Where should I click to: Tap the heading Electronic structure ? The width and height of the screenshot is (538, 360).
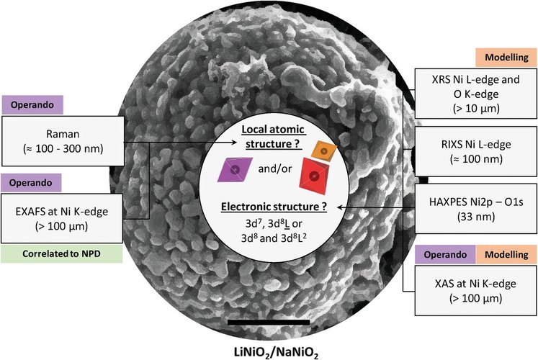point(270,210)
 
